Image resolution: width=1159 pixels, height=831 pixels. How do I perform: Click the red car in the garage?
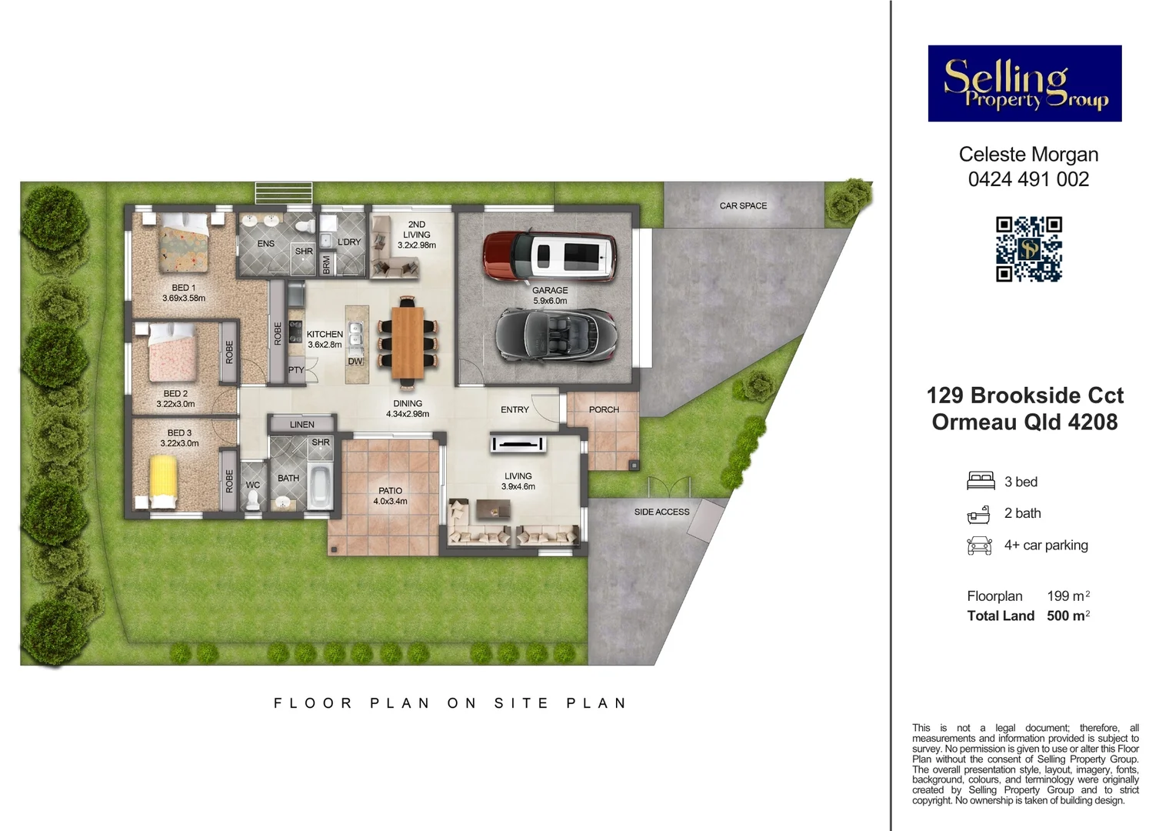(x=550, y=255)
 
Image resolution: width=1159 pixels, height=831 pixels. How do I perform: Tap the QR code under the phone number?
(x=1028, y=249)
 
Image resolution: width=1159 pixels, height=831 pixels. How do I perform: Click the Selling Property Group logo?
(x=1024, y=83)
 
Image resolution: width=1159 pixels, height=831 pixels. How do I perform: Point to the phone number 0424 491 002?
(x=1028, y=179)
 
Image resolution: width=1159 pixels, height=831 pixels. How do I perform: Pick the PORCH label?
(x=604, y=409)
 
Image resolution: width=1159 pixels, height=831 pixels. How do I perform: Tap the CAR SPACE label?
(x=743, y=205)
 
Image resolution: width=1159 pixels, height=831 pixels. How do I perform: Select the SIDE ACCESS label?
(x=661, y=512)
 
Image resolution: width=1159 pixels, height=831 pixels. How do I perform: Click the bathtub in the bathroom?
(x=320, y=486)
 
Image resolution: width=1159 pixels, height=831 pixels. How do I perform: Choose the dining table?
(x=408, y=342)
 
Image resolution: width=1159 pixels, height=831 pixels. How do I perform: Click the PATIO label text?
(x=390, y=491)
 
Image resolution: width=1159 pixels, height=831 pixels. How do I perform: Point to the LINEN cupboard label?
(x=301, y=425)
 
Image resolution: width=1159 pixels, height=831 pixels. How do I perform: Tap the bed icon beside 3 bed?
(x=981, y=482)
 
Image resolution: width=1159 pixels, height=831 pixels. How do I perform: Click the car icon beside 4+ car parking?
(x=979, y=546)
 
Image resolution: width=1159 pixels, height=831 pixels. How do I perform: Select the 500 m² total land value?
(x=1068, y=616)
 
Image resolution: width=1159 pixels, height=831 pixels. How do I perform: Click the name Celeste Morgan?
(x=1028, y=155)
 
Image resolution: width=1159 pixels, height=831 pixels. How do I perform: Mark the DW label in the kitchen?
(x=355, y=362)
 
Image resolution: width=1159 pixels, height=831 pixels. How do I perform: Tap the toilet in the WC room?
(x=253, y=499)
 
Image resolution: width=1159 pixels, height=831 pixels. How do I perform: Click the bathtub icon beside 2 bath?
(x=978, y=514)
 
